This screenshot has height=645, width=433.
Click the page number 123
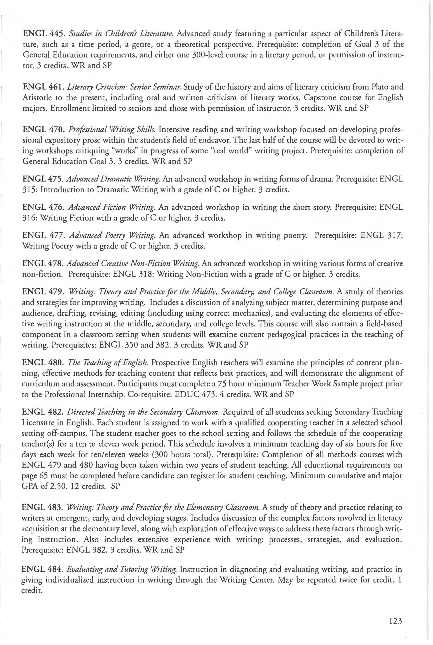coord(395,621)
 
